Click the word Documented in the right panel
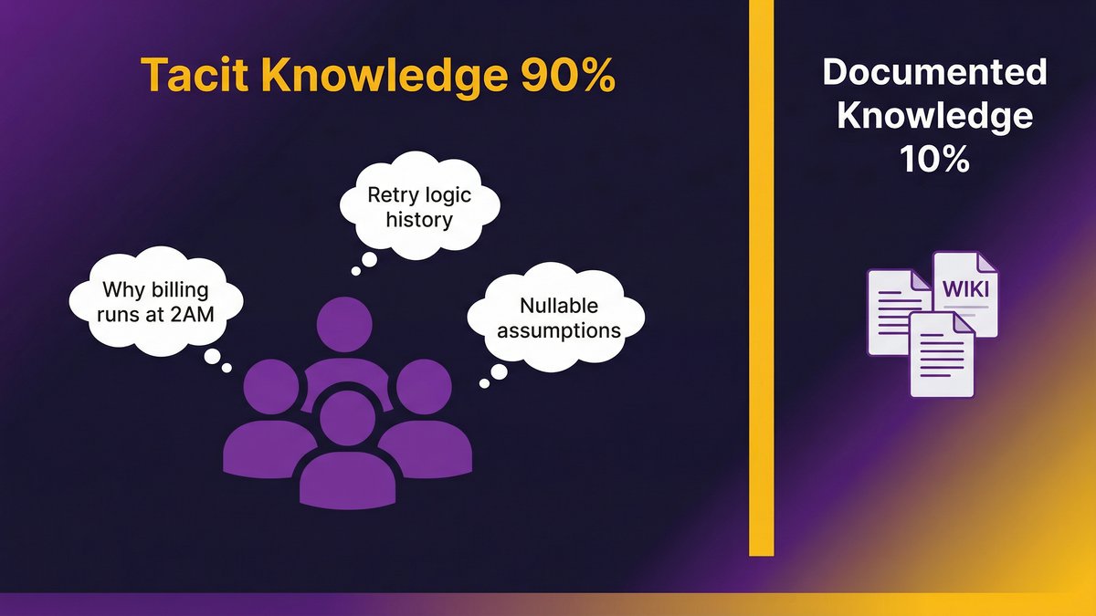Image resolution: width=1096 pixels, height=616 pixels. [x=934, y=72]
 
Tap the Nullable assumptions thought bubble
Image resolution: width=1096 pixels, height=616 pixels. [x=544, y=318]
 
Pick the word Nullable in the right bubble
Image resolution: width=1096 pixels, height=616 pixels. [x=544, y=306]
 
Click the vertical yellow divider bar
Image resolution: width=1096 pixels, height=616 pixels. [x=761, y=274]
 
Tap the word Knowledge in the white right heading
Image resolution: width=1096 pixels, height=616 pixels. [x=934, y=116]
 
